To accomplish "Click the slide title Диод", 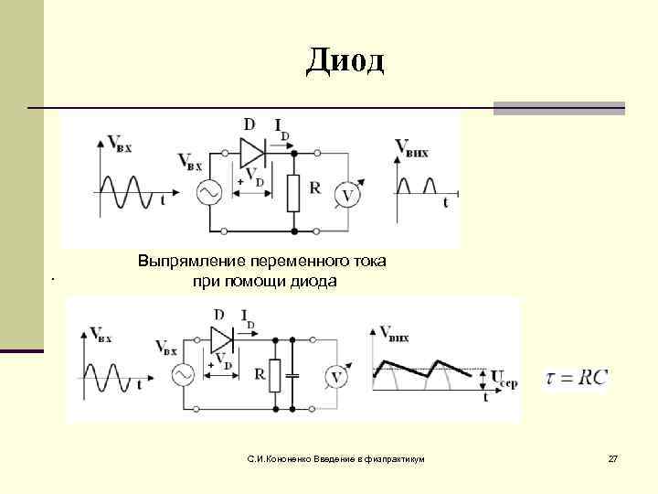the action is pos(346,60).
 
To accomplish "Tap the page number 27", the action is pos(613,456).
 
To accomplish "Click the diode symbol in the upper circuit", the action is pos(251,148).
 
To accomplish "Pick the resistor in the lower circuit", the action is pos(272,375).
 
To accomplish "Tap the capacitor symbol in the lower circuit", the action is pos(292,375).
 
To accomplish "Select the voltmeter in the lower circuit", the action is pos(335,377).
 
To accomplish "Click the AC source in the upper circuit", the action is pos(208,191).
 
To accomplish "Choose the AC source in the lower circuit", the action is pos(181,375).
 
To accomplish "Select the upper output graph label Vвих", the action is pos(411,149).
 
